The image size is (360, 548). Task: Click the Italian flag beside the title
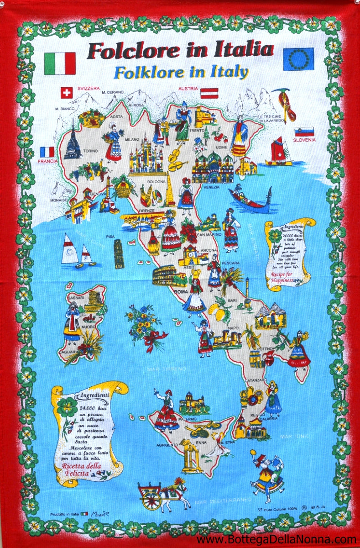(x=60, y=63)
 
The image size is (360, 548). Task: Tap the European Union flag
(x=298, y=59)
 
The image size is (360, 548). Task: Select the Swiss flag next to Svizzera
(x=67, y=93)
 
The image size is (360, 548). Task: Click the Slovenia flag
(x=304, y=132)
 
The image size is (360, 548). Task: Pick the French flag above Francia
(x=47, y=152)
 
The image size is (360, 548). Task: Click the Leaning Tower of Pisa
(x=119, y=253)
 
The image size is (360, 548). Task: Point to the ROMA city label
(x=181, y=291)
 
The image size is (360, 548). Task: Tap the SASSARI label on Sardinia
(x=74, y=298)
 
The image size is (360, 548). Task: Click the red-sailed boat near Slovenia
(x=278, y=151)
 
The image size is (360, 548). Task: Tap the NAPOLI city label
(x=235, y=328)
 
